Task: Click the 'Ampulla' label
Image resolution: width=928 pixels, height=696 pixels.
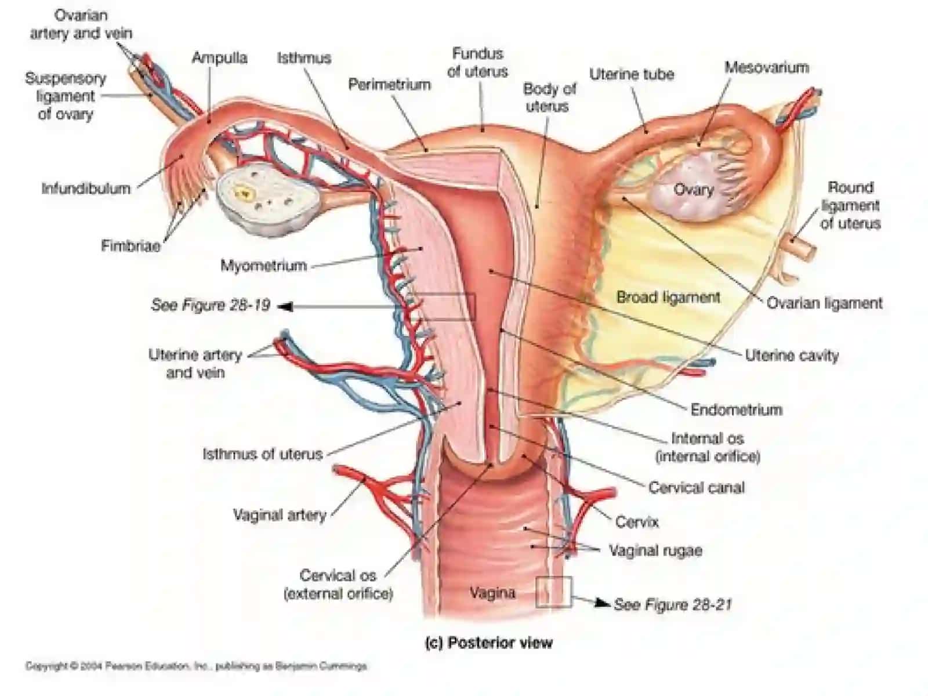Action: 219,58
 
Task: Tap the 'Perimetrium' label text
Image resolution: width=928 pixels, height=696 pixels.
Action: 389,85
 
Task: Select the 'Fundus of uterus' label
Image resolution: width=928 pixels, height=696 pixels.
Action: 478,63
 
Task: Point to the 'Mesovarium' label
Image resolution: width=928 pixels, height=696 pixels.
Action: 767,67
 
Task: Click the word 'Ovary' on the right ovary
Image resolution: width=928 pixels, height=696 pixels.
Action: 694,190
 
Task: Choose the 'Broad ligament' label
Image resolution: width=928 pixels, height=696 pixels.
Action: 668,297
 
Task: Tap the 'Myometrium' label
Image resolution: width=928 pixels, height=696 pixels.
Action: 263,266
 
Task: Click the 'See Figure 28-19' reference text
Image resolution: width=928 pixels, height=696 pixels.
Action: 211,305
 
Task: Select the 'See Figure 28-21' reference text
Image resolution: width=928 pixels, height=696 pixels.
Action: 672,604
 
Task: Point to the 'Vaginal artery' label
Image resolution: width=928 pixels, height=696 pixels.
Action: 280,514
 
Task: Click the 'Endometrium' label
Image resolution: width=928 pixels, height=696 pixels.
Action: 737,409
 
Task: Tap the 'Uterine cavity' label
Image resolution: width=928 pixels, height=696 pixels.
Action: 792,356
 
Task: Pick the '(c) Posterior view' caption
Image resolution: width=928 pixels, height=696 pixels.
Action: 488,643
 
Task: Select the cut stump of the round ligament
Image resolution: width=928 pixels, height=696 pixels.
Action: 800,246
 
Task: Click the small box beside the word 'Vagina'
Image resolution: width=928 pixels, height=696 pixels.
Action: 553,592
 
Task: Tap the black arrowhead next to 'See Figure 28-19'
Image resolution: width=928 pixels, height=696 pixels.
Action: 286,306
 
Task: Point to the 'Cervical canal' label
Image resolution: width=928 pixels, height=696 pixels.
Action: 697,488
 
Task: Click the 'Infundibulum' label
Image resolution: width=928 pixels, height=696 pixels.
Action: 86,188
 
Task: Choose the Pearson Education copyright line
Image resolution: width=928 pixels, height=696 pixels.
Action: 195,666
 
